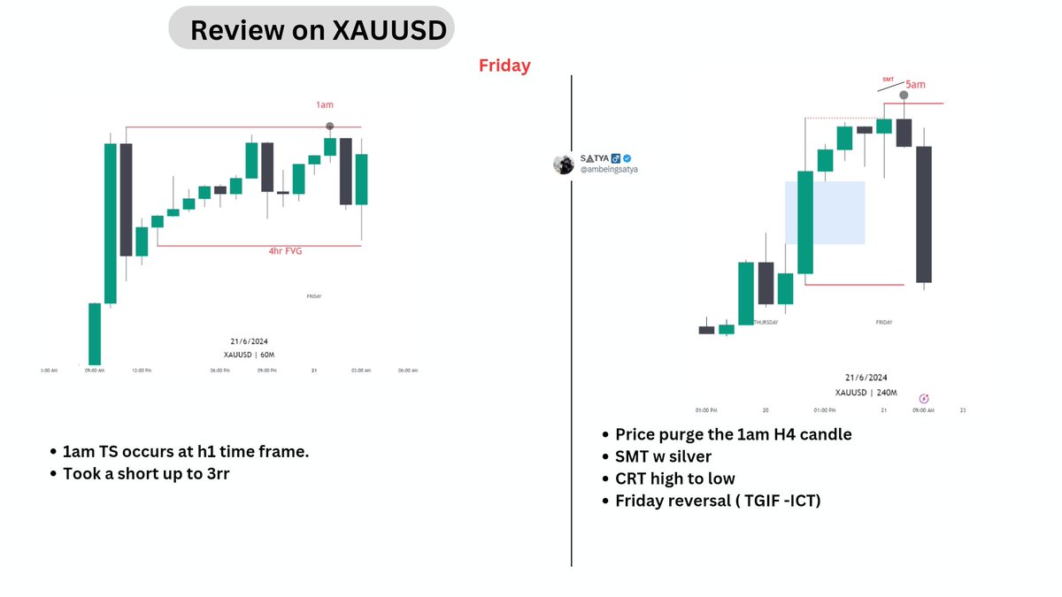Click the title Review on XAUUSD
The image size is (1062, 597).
pyautogui.click(x=311, y=31)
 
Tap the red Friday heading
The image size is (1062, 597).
pyautogui.click(x=504, y=65)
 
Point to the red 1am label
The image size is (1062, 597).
pyautogui.click(x=326, y=104)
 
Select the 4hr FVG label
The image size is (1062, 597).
pyautogui.click(x=287, y=251)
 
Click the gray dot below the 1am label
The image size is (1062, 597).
pyautogui.click(x=329, y=126)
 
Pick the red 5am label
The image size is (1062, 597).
pyautogui.click(x=916, y=85)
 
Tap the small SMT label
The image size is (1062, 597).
pyautogui.click(x=889, y=79)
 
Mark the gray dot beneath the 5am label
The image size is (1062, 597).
pyautogui.click(x=904, y=95)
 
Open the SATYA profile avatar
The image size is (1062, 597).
pyautogui.click(x=564, y=164)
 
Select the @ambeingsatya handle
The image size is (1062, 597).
pyautogui.click(x=609, y=169)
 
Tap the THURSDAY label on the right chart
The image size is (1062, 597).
pyautogui.click(x=764, y=323)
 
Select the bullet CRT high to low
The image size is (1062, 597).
pyautogui.click(x=675, y=478)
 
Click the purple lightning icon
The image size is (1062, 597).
pyautogui.click(x=925, y=399)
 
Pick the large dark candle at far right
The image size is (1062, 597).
pyautogui.click(x=923, y=214)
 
